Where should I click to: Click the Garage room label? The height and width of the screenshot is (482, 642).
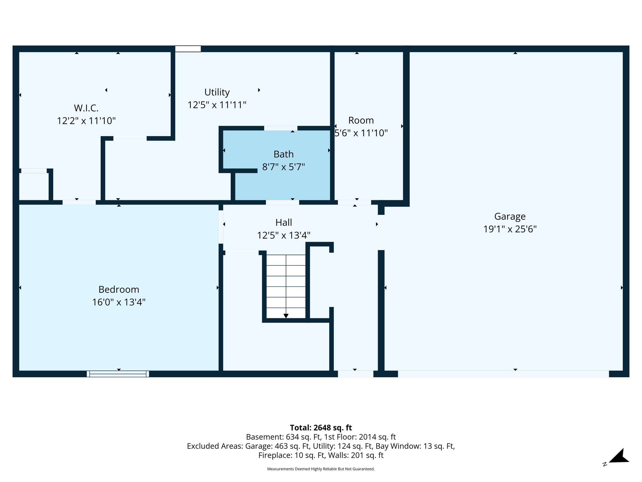510,216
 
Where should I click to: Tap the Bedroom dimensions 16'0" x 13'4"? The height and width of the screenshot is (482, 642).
119,302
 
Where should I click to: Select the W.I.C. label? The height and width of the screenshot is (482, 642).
86,108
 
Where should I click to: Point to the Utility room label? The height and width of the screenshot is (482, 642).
217,92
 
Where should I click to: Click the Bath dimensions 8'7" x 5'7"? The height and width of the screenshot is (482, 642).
283,167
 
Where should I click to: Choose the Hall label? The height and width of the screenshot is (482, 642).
284,222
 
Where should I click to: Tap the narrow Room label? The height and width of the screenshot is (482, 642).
361,120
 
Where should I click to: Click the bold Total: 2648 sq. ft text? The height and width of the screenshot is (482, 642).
321,428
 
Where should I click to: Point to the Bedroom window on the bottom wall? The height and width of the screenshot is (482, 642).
118,374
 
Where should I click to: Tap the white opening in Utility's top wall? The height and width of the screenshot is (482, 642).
188,49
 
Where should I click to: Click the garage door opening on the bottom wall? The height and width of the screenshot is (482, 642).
503,374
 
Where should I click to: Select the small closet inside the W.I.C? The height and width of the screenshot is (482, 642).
34,186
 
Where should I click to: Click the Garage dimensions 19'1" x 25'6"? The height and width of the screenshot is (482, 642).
510,229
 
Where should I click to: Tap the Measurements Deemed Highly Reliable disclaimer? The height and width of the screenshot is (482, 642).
321,469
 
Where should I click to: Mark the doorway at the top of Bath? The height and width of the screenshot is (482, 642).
281,128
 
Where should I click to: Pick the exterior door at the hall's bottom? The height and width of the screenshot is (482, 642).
355,374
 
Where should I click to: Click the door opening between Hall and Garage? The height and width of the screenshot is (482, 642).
381,232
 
